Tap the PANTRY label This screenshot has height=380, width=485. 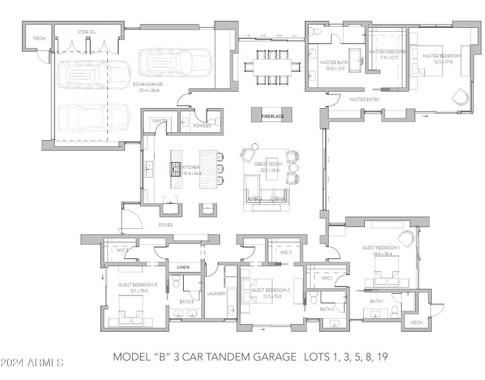159,121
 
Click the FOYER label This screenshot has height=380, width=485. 166,225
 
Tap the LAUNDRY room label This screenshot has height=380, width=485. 216,294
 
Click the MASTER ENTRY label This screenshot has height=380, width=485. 364,99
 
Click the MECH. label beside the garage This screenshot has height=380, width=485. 39,38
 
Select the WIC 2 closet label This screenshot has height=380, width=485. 286,252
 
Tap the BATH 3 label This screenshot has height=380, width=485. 186,301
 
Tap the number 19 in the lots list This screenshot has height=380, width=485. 381,356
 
